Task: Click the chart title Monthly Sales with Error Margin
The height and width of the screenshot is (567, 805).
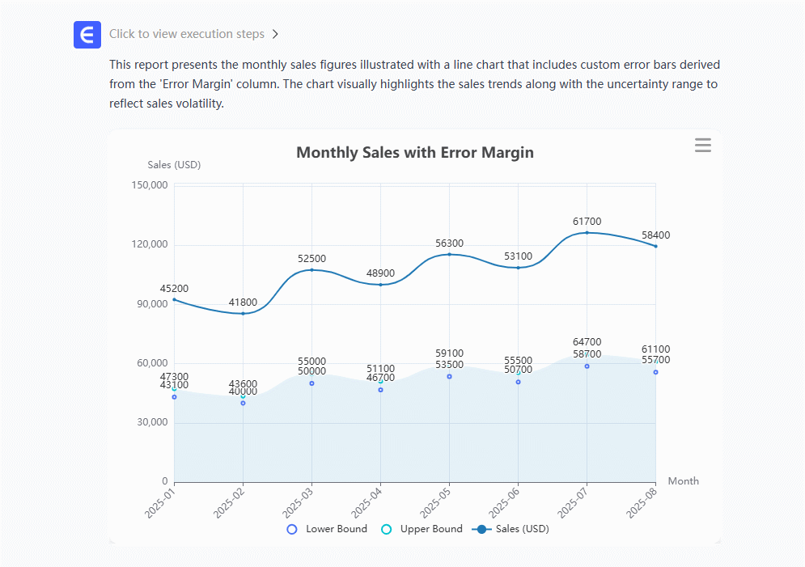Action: coord(414,153)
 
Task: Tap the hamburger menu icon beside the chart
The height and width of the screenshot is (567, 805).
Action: coord(702,146)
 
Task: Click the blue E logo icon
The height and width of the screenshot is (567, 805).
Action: coord(87,35)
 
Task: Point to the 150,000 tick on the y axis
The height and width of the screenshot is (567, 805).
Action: coord(148,185)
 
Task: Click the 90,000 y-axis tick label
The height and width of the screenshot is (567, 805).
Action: coord(150,304)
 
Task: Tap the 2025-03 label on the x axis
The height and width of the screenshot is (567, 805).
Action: coord(299,502)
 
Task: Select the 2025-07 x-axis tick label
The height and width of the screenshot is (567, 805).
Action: coord(574,502)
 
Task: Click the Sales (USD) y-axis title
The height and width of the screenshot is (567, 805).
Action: coord(174,165)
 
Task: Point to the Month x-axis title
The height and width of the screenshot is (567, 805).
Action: coord(683,481)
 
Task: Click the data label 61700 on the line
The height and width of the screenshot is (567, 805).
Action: coord(587,222)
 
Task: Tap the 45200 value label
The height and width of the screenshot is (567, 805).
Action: coord(174,289)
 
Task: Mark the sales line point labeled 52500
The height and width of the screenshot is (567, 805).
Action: coord(311,269)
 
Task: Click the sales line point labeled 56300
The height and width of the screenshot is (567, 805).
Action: coord(449,255)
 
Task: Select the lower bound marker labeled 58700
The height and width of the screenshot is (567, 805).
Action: coord(587,366)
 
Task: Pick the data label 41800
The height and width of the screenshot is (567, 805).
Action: coord(243,303)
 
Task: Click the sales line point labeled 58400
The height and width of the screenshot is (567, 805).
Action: coord(655,246)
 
